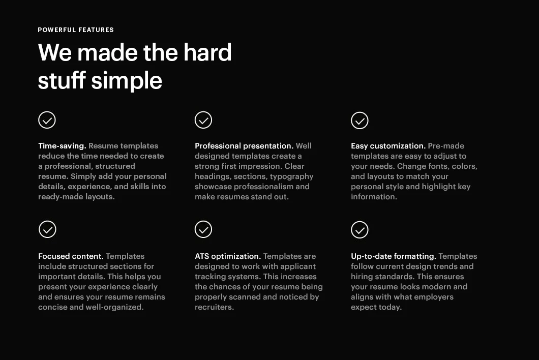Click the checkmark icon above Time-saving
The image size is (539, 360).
point(47,121)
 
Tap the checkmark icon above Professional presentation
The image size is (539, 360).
point(203,121)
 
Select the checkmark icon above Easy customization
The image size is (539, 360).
point(360,121)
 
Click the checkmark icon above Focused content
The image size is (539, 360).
point(47,229)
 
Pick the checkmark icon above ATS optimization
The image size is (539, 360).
point(203,229)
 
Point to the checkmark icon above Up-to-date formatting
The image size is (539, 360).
point(360,229)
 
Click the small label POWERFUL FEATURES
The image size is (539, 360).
point(76,30)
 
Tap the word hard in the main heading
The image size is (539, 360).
point(207,52)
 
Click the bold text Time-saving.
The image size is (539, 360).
point(62,146)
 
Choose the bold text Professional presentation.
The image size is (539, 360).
point(244,146)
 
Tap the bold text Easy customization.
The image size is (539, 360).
point(388,146)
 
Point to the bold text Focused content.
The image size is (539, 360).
point(71,256)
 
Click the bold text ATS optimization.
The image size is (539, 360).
point(228,256)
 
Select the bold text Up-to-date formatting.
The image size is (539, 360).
point(394,256)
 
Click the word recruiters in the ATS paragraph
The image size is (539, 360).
point(214,307)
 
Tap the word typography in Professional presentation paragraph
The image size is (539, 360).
point(291,176)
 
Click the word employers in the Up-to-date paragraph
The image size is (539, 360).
point(434,297)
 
